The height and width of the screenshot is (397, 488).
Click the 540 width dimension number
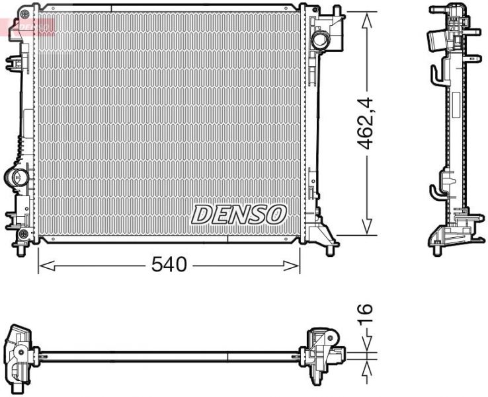point(169,265)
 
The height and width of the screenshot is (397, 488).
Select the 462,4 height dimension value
point(366,124)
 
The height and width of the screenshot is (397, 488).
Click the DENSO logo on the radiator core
point(239,214)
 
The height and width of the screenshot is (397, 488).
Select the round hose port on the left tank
point(16,177)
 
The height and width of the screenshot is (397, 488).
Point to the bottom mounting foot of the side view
point(438,250)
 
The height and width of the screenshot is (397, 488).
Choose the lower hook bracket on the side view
point(437,192)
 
